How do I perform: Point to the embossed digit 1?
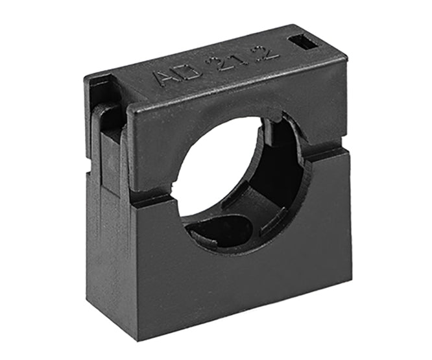(227, 60)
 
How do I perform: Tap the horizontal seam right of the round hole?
(324, 154)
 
